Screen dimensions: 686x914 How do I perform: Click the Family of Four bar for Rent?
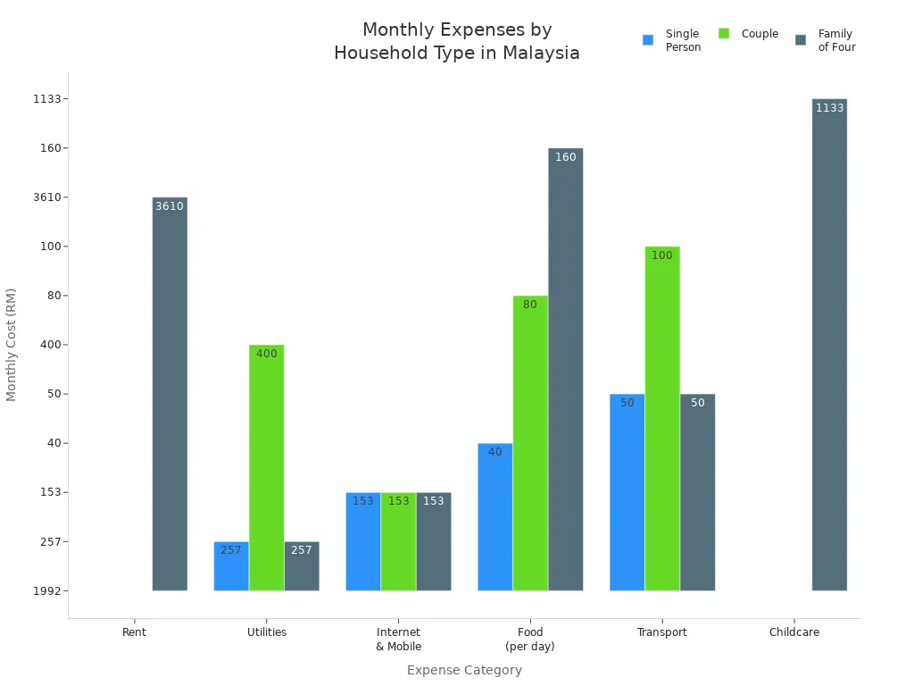(170, 393)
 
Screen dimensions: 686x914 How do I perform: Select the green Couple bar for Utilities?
(266, 467)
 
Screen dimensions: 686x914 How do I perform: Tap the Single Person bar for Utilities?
(231, 565)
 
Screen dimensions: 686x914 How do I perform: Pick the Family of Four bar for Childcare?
(829, 344)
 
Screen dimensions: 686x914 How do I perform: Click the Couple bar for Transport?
(662, 418)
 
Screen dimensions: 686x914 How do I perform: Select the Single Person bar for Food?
(494, 516)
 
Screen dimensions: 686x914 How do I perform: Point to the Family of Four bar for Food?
(565, 369)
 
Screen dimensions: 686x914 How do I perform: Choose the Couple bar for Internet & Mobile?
(398, 541)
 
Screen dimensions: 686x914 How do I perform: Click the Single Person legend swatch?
(648, 40)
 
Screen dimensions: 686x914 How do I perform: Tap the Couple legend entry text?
(760, 34)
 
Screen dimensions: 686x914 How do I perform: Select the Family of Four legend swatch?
(801, 40)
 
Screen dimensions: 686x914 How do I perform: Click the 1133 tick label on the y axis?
(50, 99)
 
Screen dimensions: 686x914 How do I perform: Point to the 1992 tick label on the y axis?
(50, 590)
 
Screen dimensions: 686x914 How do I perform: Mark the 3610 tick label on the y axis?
(50, 197)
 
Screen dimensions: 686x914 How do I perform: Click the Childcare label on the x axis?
(794, 632)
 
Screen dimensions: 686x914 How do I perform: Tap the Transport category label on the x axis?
(661, 632)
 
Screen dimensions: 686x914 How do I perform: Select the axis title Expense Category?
(464, 670)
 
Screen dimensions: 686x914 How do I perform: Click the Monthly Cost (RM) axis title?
(12, 344)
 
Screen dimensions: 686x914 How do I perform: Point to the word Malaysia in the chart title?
(541, 54)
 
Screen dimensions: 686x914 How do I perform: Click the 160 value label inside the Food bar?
(565, 157)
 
